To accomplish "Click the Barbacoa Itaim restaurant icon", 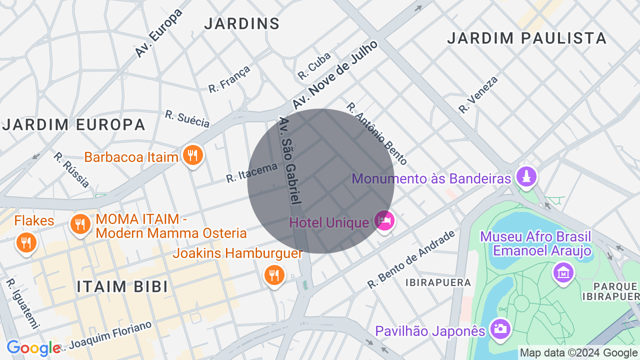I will point(192,156).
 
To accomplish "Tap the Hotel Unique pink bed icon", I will point(384,221).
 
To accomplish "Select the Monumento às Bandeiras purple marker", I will point(526,177).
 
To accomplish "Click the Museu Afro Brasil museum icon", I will point(563,273).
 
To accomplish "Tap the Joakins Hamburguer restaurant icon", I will point(274,275).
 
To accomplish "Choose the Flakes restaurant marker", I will point(26,242).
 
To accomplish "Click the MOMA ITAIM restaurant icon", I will point(80,223).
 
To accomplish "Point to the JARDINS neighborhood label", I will point(242,23).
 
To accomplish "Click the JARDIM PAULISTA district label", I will point(526,38).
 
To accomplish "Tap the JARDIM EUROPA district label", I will point(74,124).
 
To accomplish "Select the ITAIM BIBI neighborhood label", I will point(122,286).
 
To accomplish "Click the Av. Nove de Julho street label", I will point(335,75).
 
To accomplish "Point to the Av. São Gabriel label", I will point(290,160).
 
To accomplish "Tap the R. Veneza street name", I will point(478,94).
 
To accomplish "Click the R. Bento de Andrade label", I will point(411,259).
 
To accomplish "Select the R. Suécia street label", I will point(187,118).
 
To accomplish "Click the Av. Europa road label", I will point(158,33).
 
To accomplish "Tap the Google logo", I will point(33,348).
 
